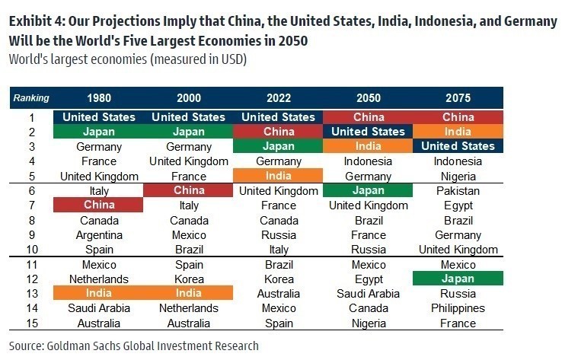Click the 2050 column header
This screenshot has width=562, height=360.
point(368,98)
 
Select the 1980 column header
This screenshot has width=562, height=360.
point(98,98)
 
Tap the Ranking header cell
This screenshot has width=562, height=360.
point(31,98)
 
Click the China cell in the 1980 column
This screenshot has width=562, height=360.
point(98,205)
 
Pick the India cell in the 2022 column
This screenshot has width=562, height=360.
point(278,176)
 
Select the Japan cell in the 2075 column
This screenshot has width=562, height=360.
point(458,279)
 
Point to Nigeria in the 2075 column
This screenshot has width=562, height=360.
point(458,176)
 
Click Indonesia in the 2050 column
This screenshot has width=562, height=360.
point(368,161)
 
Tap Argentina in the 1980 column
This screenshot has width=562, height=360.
point(98,234)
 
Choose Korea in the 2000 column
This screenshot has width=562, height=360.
point(189,279)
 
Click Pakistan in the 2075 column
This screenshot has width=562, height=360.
point(458,190)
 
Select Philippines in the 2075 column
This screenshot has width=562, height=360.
point(458,308)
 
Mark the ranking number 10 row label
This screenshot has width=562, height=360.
point(31,249)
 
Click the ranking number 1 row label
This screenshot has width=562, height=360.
point(31,117)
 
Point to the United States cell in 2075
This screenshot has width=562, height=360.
point(458,146)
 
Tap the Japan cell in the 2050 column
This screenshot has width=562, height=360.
point(368,190)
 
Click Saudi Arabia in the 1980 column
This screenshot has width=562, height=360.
point(98,308)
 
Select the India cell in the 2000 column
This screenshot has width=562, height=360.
point(189,293)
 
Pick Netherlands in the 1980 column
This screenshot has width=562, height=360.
point(98,279)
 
